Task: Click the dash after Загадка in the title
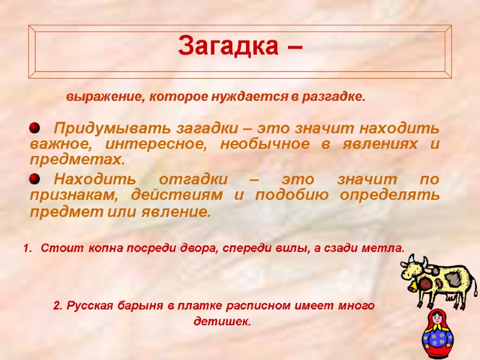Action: click(292, 47)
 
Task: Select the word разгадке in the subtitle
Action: click(337, 97)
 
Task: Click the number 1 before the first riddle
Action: click(26, 248)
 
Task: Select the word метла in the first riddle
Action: click(385, 248)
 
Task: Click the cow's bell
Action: click(413, 287)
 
